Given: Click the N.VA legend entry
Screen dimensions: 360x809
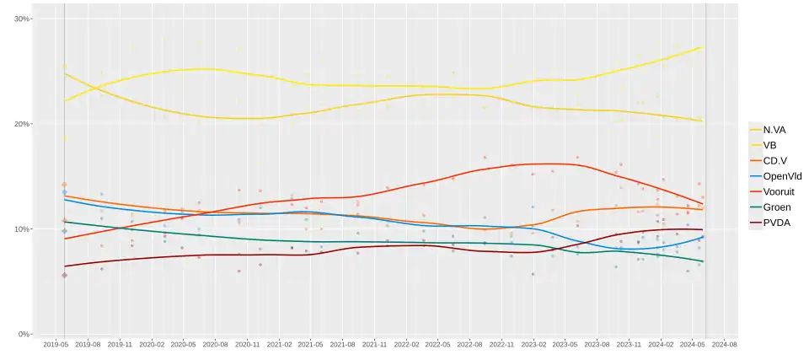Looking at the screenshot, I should pyautogui.click(x=774, y=130).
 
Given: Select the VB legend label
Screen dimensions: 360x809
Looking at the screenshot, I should pyautogui.click(x=769, y=145).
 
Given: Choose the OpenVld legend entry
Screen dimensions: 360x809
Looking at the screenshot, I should pyautogui.click(x=781, y=176).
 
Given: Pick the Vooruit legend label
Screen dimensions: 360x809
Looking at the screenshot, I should pyautogui.click(x=780, y=191).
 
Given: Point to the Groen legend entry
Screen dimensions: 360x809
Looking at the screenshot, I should pyautogui.click(x=776, y=207).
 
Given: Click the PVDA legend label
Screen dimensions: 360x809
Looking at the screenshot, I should pyautogui.click(x=776, y=223).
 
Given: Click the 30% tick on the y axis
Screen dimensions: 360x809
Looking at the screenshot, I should pyautogui.click(x=22, y=19).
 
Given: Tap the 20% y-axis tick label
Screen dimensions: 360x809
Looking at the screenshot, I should pyautogui.click(x=22, y=124).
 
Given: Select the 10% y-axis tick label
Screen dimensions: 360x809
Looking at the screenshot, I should pyautogui.click(x=22, y=229).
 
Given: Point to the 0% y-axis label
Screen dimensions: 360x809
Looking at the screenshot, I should pyautogui.click(x=24, y=335).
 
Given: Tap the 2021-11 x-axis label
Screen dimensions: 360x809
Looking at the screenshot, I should pyautogui.click(x=374, y=344).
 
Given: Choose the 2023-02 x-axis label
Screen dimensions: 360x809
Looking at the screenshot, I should pyautogui.click(x=533, y=344).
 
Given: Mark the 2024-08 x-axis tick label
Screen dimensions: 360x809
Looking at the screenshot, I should pyautogui.click(x=724, y=344).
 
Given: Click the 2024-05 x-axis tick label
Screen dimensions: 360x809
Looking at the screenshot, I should pyautogui.click(x=693, y=344).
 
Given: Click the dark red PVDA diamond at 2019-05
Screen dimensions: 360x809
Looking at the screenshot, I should pyautogui.click(x=64, y=275).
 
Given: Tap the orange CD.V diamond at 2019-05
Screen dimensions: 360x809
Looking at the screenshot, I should pyautogui.click(x=64, y=185).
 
